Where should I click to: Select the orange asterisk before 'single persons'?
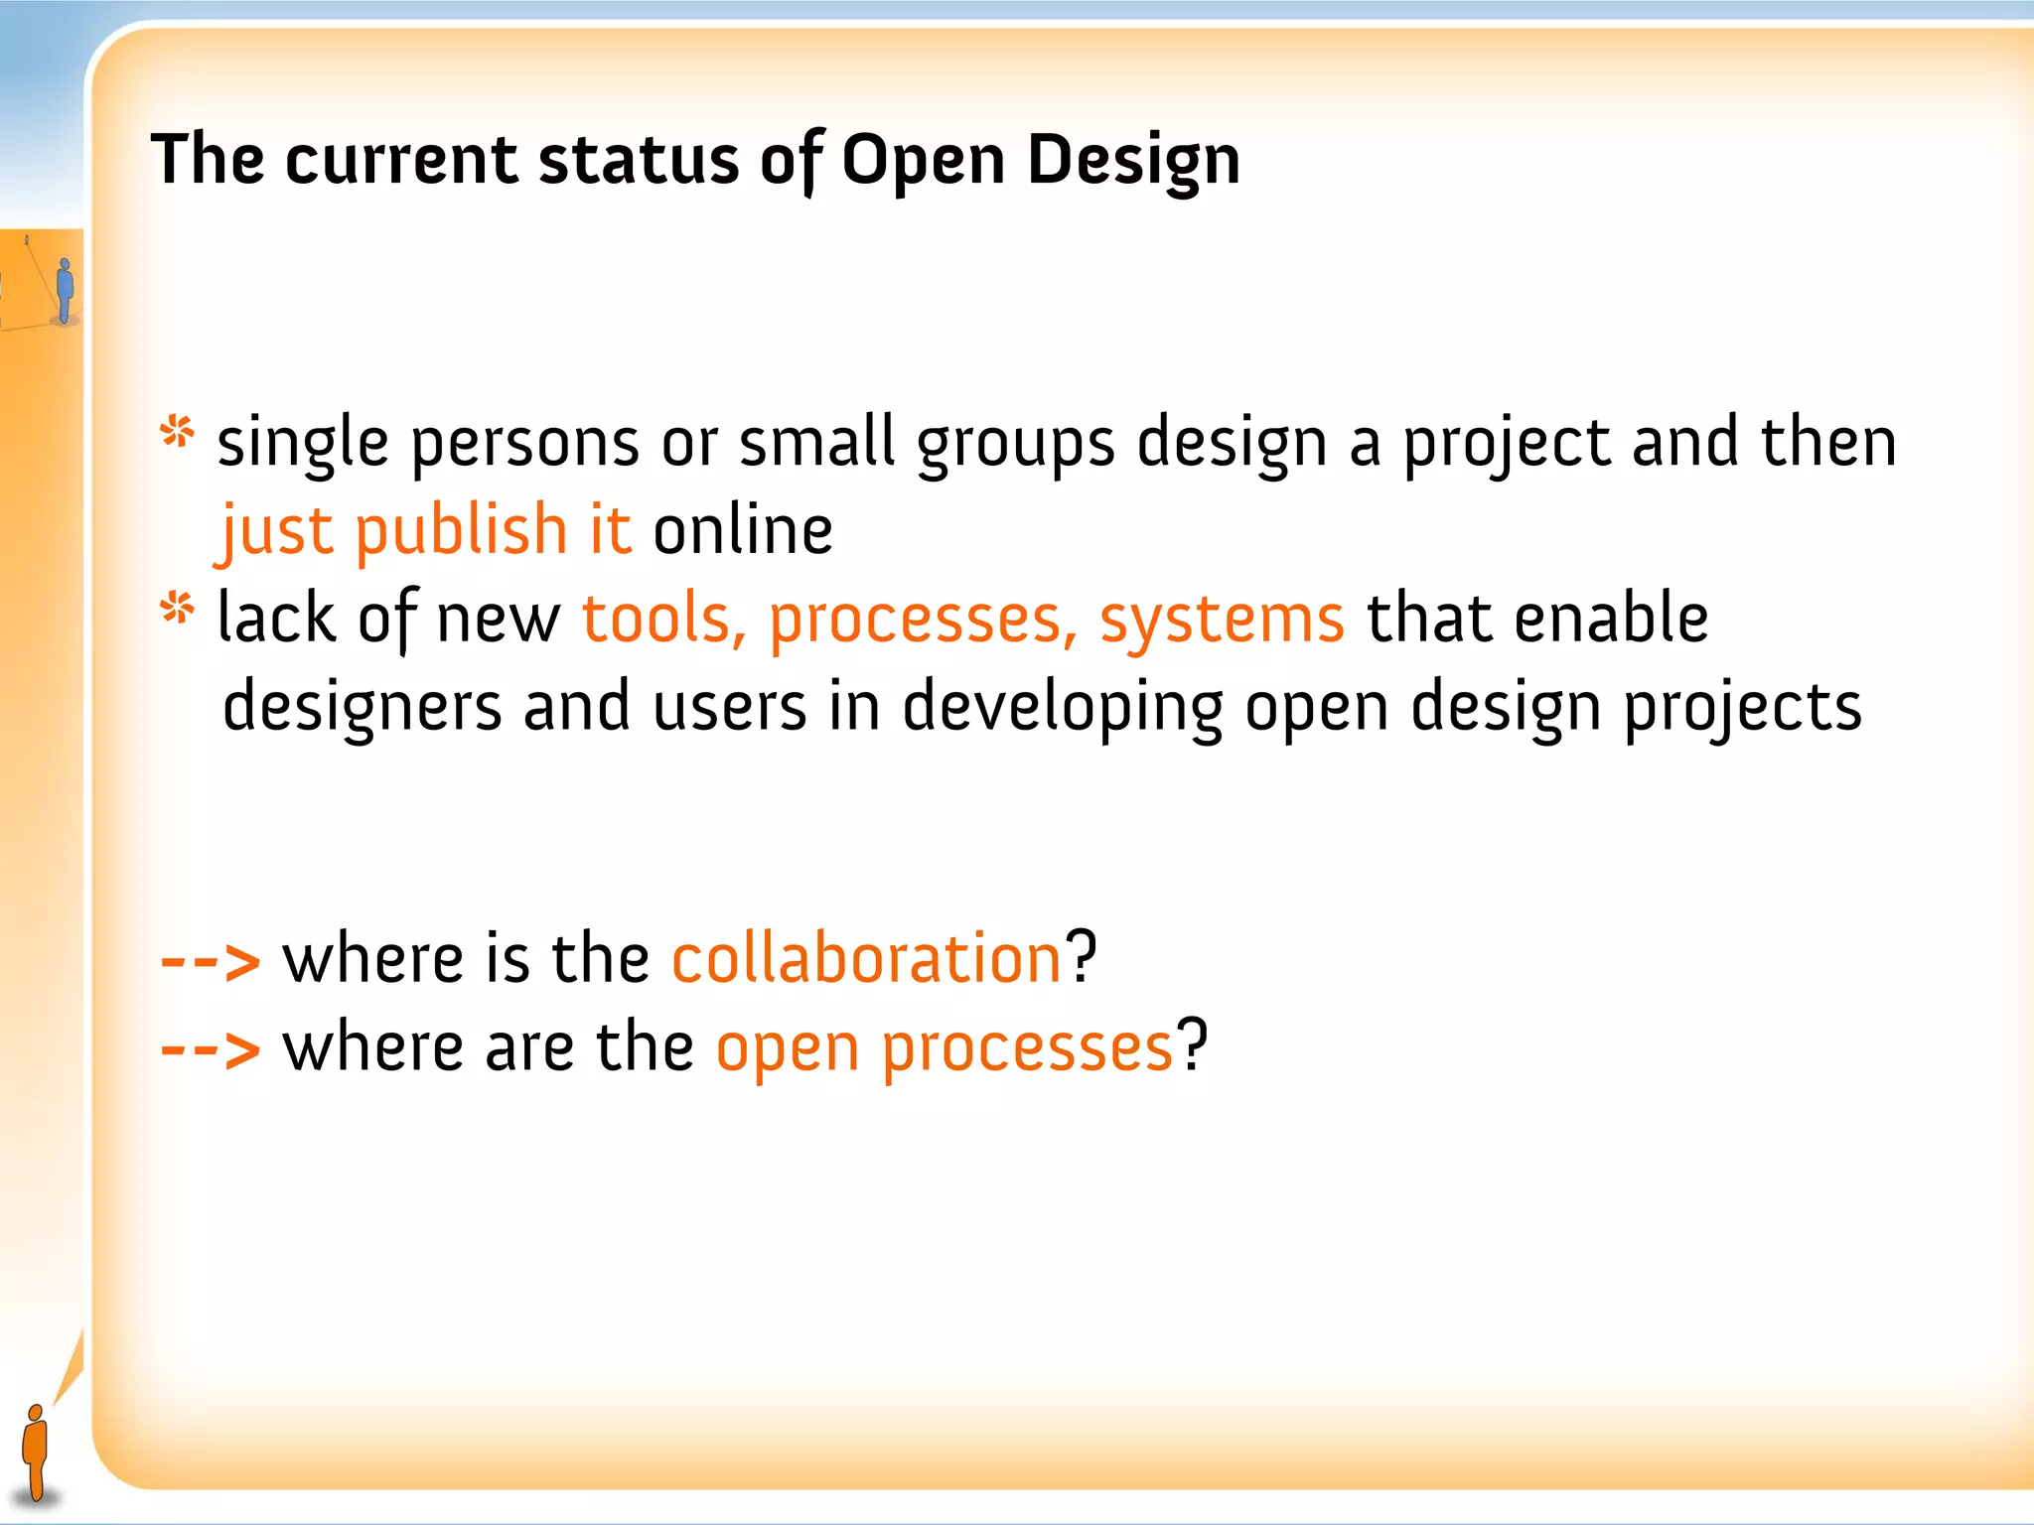178,433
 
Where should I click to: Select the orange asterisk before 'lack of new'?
178,609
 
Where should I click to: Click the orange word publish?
461,531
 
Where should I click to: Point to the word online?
742,531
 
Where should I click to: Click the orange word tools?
663,620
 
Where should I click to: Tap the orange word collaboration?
867,959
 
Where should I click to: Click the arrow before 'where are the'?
210,1049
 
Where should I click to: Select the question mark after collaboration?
1082,957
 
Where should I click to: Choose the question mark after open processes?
1192,1045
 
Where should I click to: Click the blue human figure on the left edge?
65,290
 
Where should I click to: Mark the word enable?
1611,620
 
